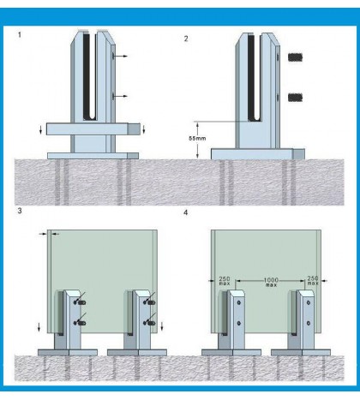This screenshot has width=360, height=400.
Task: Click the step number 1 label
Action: tap(21, 36)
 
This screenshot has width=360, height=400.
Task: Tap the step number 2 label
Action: tap(186, 39)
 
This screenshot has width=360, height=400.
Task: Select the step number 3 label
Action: tap(19, 211)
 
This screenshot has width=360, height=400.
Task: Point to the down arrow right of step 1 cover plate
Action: tap(144, 129)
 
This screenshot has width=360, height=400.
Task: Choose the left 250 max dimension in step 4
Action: tap(222, 281)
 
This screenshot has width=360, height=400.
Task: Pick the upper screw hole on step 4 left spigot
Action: tap(239, 302)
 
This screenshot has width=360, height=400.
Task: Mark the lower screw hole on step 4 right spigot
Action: tap(309, 323)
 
